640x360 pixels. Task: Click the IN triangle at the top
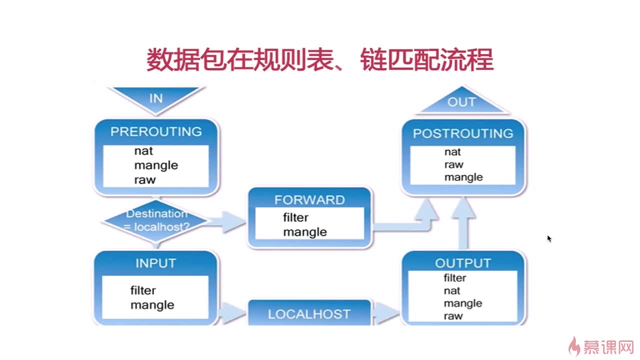pyautogui.click(x=156, y=98)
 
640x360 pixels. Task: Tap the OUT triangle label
pyautogui.click(x=461, y=102)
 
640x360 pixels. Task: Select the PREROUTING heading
pyautogui.click(x=156, y=131)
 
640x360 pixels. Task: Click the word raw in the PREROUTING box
pyautogui.click(x=145, y=180)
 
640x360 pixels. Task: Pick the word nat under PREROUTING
pyautogui.click(x=143, y=151)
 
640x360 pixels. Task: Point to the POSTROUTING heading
pyautogui.click(x=463, y=133)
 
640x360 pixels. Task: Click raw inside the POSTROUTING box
pyautogui.click(x=453, y=165)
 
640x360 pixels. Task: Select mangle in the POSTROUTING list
pyautogui.click(x=463, y=177)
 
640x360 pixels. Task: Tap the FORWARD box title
pyautogui.click(x=309, y=200)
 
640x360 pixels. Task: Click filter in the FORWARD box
pyautogui.click(x=295, y=217)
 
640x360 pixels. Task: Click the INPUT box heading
pyautogui.click(x=155, y=263)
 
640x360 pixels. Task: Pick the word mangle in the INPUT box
pyautogui.click(x=152, y=305)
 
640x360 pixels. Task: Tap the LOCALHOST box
pyautogui.click(x=309, y=313)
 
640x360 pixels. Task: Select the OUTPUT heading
pyautogui.click(x=463, y=263)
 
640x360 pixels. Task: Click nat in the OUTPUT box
pyautogui.click(x=452, y=291)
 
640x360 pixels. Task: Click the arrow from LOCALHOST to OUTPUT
pyautogui.click(x=385, y=313)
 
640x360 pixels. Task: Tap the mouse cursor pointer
pyautogui.click(x=549, y=239)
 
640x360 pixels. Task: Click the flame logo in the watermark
pyautogui.click(x=574, y=346)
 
